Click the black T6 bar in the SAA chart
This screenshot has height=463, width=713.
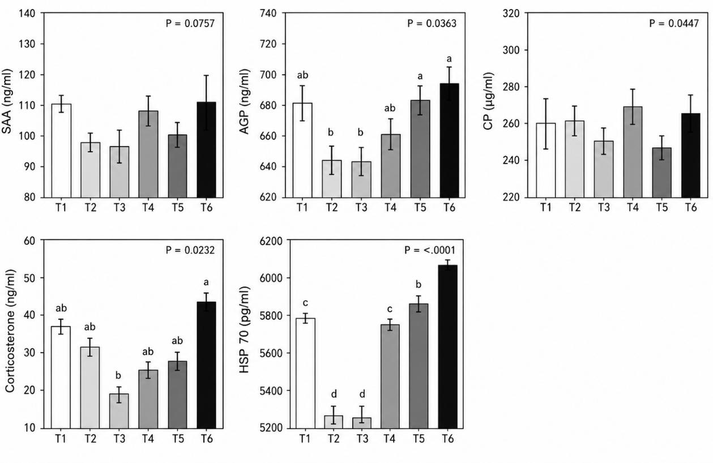(206, 150)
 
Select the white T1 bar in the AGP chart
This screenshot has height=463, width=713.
(302, 150)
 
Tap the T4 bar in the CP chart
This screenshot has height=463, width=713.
(633, 152)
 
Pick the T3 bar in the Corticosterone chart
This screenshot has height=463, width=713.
(119, 411)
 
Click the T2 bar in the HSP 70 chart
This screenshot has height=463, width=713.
(333, 422)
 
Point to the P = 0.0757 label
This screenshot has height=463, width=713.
(190, 24)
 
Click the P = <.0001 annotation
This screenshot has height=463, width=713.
(430, 250)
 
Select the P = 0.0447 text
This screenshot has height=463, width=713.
(674, 24)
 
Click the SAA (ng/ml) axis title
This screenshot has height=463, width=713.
(7, 101)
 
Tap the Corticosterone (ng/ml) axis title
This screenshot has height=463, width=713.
(10, 331)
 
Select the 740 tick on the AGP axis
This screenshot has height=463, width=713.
(268, 14)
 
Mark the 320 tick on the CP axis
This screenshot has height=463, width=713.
(511, 14)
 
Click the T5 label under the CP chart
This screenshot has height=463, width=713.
(661, 208)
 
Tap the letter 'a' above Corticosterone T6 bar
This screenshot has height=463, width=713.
(206, 282)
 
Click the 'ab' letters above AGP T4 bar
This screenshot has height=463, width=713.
(390, 108)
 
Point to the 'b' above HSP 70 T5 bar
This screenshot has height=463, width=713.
(419, 284)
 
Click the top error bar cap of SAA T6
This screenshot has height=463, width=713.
(206, 75)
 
